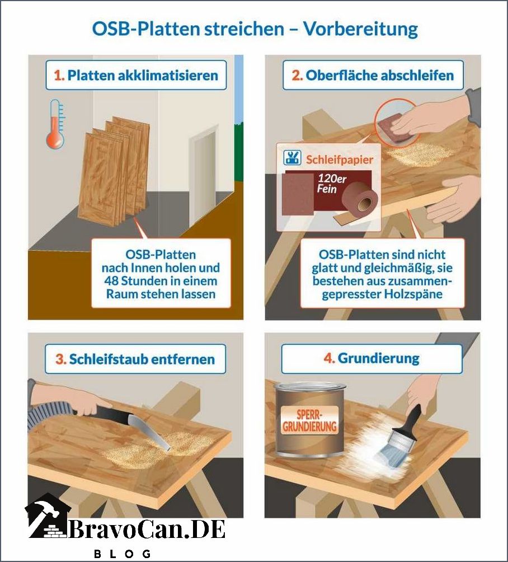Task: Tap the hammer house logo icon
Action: [47, 516]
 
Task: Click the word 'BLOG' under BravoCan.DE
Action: [123, 554]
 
